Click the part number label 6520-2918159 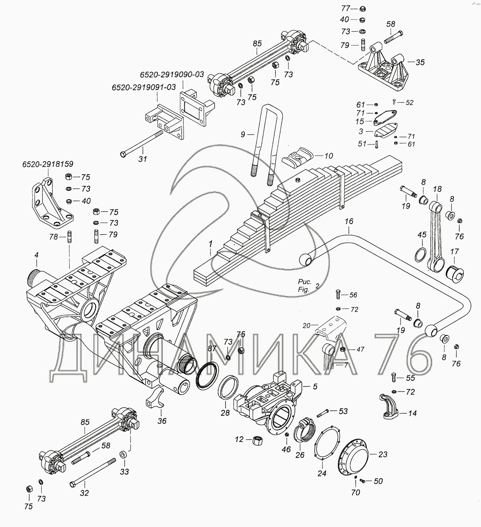point(48,164)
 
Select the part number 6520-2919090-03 point(172,74)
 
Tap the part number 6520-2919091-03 point(144,87)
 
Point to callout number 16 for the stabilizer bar point(349,221)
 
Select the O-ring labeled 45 point(421,255)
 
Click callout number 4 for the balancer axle point(37,255)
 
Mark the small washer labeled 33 point(123,455)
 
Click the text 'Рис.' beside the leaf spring point(305,282)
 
